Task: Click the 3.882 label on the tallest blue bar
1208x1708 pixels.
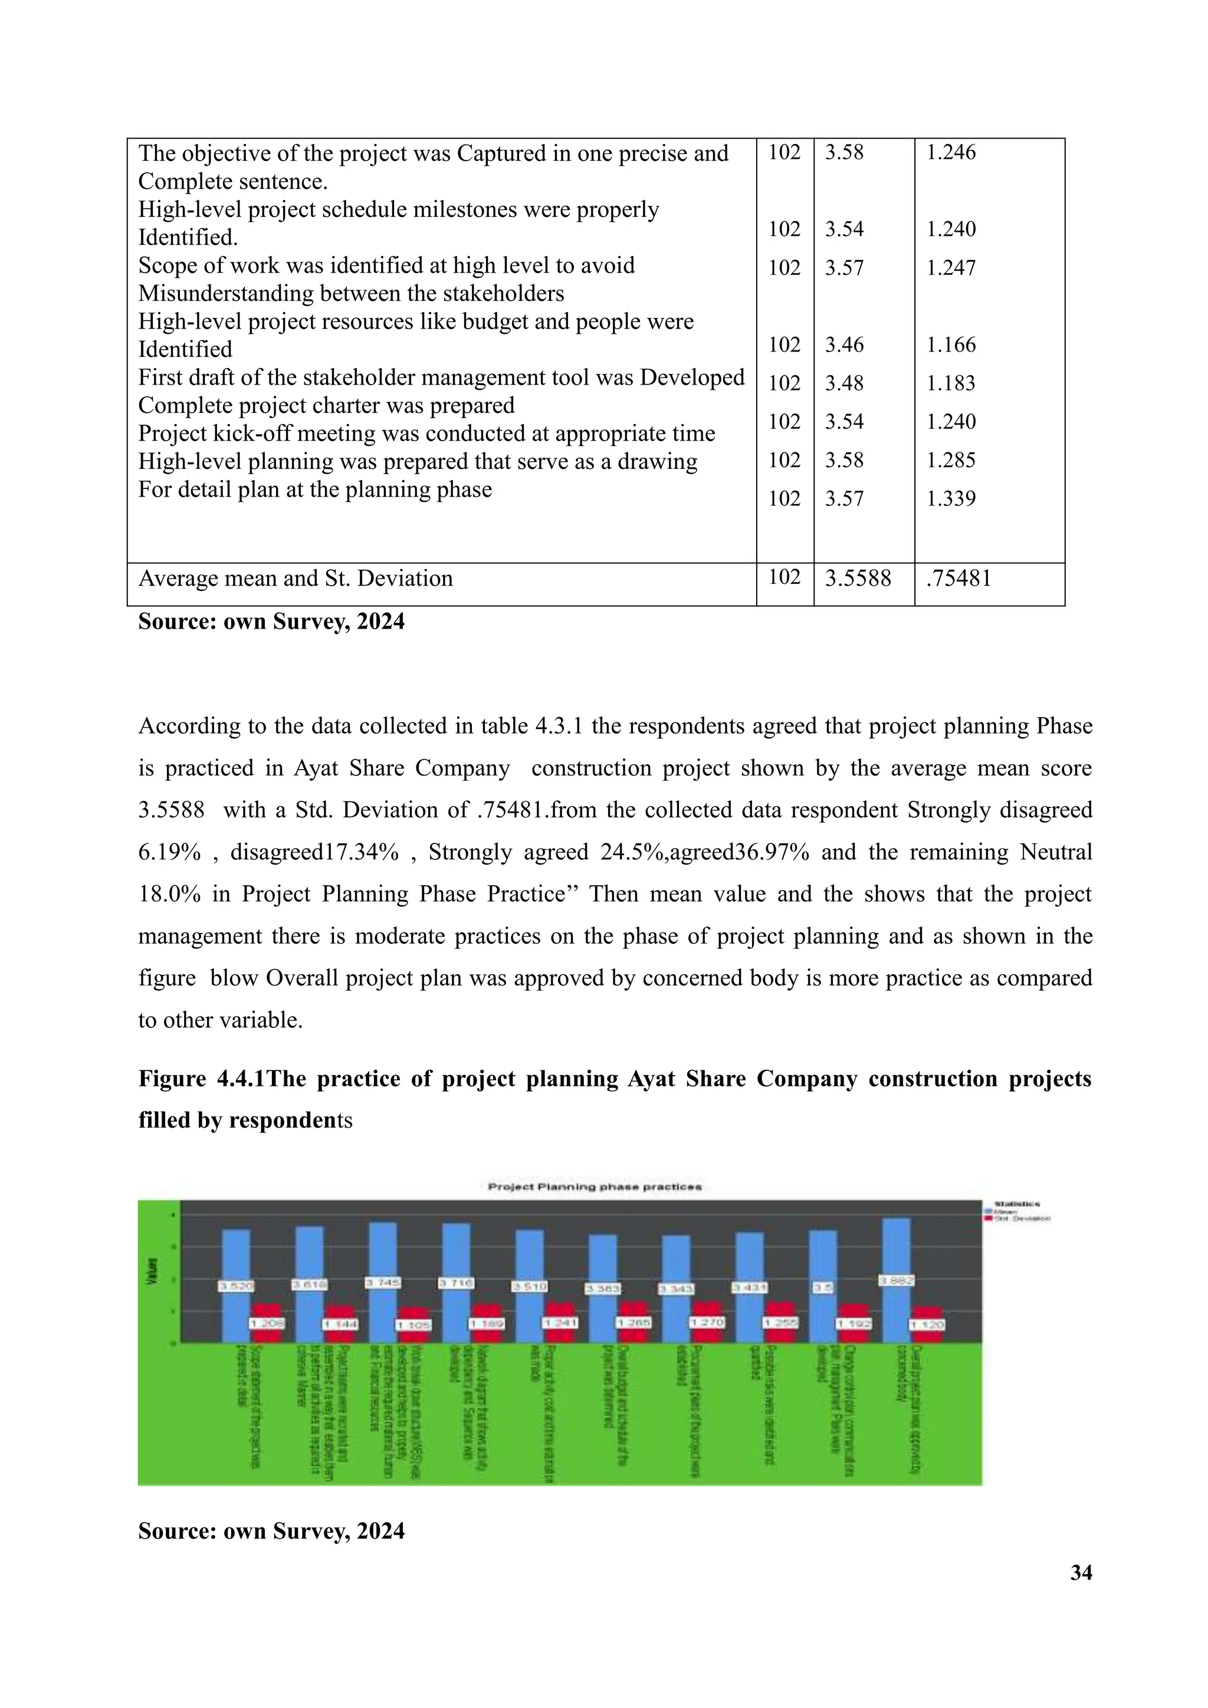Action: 897,1280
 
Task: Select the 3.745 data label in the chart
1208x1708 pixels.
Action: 383,1283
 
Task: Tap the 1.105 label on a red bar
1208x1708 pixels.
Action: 413,1325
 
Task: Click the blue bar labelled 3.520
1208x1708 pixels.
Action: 236,1257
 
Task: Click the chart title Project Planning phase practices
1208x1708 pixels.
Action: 595,1187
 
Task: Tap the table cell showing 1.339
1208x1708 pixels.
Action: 951,498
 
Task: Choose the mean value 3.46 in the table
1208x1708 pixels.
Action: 844,344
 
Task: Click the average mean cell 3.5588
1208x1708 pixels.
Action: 858,578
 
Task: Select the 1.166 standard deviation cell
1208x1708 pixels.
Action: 951,344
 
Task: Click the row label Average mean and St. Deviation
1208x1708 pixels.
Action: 296,578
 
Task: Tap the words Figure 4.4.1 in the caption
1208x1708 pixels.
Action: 201,1079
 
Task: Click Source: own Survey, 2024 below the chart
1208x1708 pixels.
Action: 271,1530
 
